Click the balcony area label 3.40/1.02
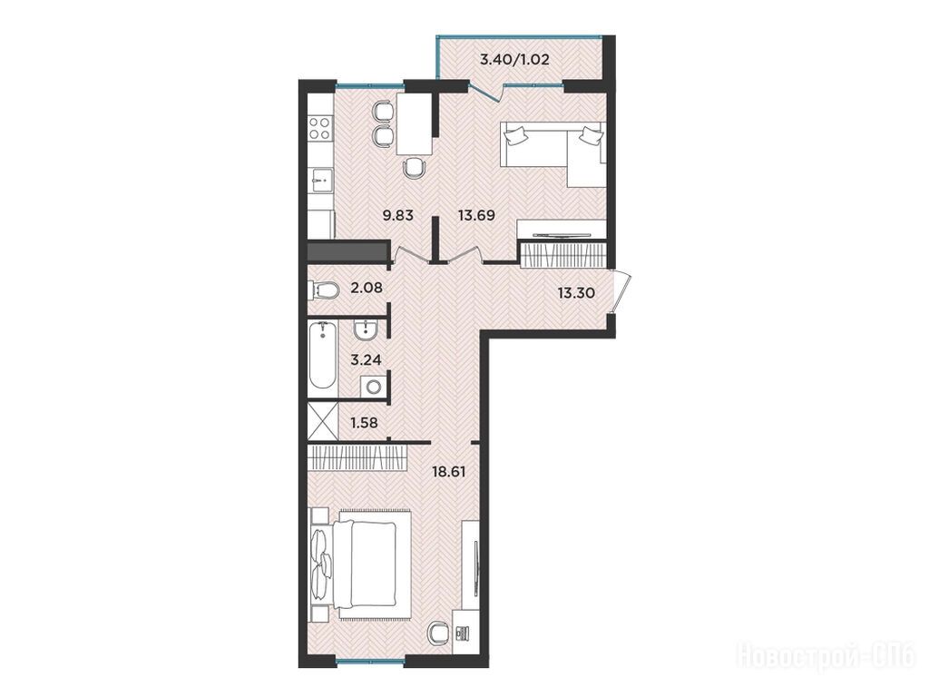pyautogui.click(x=514, y=59)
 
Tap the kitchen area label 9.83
pyautogui.click(x=397, y=215)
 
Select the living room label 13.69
pyautogui.click(x=476, y=215)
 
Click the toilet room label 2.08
pyautogui.click(x=367, y=288)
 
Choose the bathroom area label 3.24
pyautogui.click(x=366, y=359)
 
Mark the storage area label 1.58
pyautogui.click(x=365, y=423)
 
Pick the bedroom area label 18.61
pyautogui.click(x=448, y=472)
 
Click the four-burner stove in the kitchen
pyautogui.click(x=320, y=129)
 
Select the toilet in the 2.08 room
pyautogui.click(x=324, y=291)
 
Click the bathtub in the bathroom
pyautogui.click(x=323, y=355)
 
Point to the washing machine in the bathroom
pyautogui.click(x=373, y=387)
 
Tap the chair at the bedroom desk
pyautogui.click(x=438, y=633)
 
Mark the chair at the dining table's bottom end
pyautogui.click(x=414, y=168)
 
